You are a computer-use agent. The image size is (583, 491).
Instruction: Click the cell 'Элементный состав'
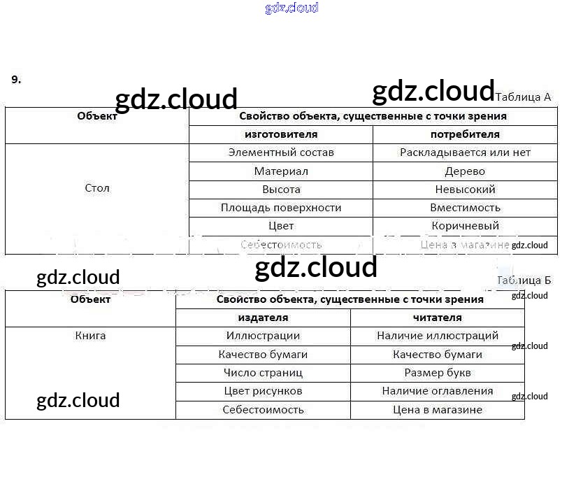[x=281, y=152]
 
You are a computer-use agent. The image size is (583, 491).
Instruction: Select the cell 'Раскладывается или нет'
[x=465, y=152]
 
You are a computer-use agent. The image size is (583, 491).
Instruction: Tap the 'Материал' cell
[x=281, y=171]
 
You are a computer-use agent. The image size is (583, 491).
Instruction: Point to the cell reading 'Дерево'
[x=465, y=171]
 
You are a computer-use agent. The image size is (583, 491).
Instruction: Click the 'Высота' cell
[x=281, y=190]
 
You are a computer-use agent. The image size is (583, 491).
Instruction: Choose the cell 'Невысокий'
[x=465, y=190]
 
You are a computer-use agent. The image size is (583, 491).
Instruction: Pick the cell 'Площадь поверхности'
[x=281, y=208]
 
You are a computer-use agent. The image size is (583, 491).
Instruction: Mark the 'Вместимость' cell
[x=465, y=208]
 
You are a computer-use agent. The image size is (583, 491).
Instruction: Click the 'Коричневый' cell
[x=465, y=226]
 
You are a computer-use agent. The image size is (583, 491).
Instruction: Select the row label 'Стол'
[x=97, y=188]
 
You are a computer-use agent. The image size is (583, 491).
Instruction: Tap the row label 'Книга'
[x=91, y=336]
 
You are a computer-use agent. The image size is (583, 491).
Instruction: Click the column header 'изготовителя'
[x=281, y=134]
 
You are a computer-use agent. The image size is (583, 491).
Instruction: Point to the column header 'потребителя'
[x=465, y=134]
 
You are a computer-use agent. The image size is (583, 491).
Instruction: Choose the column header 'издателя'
[x=263, y=318]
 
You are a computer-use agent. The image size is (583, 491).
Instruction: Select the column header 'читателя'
[x=438, y=318]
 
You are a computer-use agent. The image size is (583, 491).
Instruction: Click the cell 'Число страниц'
[x=263, y=373]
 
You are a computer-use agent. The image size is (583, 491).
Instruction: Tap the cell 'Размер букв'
[x=438, y=373]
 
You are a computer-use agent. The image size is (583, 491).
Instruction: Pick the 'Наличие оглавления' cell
[x=438, y=391]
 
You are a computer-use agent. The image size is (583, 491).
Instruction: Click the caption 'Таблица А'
[x=523, y=97]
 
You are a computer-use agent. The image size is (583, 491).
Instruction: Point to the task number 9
[x=16, y=79]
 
